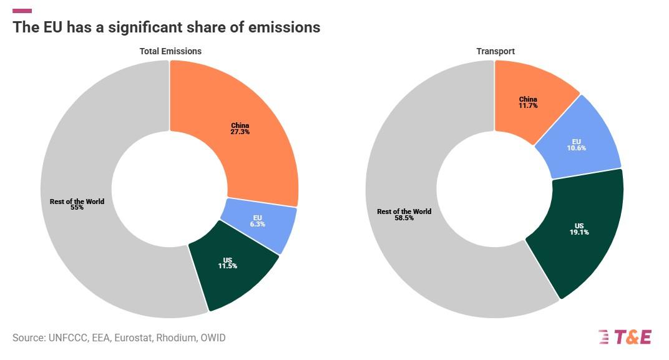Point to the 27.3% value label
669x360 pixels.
240,132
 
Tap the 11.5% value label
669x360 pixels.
227,266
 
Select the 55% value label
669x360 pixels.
77,208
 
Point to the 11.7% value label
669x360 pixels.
528,106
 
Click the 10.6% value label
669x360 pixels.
576,148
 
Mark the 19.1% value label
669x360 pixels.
579,232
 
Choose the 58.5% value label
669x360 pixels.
404,218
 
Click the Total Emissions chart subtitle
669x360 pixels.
170,51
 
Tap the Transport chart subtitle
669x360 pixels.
496,51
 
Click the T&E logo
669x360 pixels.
625,337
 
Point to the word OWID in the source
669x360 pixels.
213,338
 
